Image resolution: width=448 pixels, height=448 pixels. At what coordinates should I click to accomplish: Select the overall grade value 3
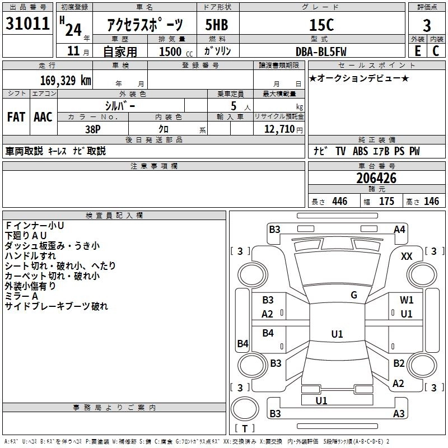(427, 26)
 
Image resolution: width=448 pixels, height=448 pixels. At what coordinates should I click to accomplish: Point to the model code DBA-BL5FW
(321, 51)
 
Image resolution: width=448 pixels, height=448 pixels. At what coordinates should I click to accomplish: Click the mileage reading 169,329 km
(66, 80)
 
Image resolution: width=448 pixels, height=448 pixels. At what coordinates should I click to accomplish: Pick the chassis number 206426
(376, 179)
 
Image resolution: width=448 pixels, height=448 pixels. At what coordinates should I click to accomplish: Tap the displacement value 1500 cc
(174, 52)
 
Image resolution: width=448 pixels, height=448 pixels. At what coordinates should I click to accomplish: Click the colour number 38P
(92, 128)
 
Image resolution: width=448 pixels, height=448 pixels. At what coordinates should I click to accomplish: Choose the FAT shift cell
(16, 117)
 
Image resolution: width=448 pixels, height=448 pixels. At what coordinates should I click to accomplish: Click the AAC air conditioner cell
(43, 117)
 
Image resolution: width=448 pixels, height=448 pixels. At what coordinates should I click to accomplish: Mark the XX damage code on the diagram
(407, 256)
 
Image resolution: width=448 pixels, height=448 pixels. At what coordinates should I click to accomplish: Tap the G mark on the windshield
(354, 295)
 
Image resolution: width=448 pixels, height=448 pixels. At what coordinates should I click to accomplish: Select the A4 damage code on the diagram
(399, 229)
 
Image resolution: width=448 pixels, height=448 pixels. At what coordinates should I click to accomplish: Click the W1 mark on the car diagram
(407, 300)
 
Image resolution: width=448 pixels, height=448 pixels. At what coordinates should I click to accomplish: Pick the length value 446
(339, 202)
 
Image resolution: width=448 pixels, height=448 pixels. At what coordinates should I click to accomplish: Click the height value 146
(431, 202)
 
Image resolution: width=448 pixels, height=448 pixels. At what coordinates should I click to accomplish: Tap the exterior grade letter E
(417, 51)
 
